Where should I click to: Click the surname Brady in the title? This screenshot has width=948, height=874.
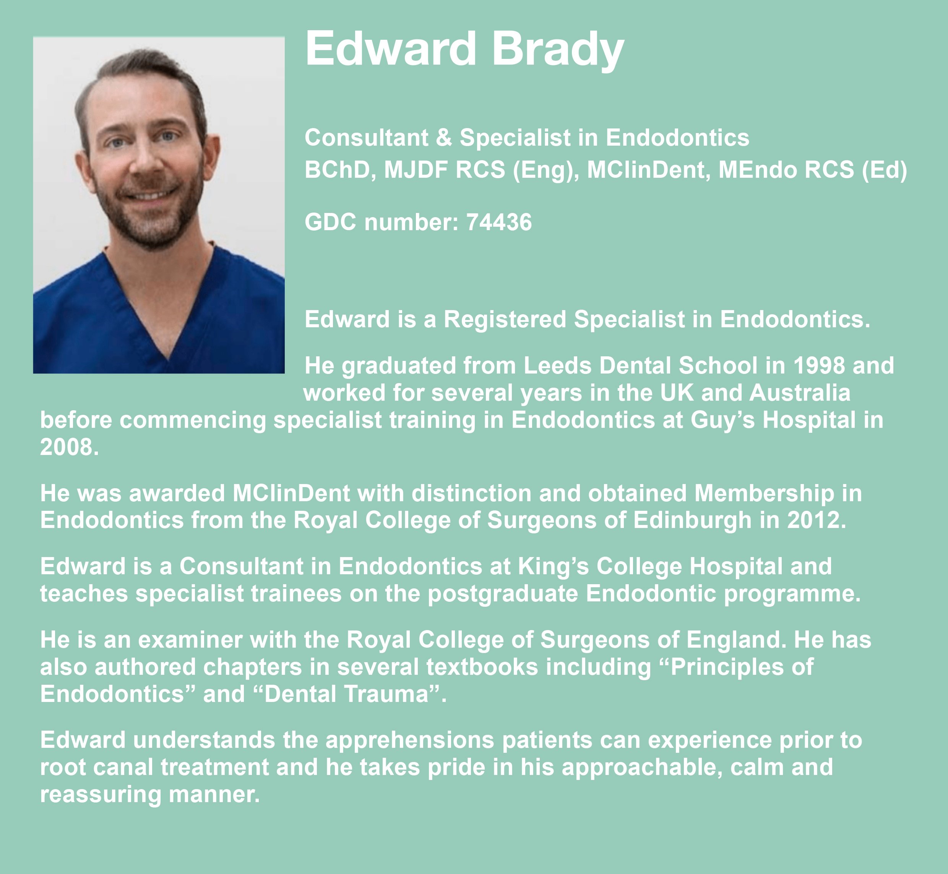[x=558, y=50]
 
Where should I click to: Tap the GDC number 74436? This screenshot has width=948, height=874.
[x=499, y=222]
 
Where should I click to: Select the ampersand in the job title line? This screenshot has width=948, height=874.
[x=443, y=138]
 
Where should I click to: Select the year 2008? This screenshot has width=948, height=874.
[x=69, y=447]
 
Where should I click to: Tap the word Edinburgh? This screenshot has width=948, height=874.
[x=692, y=520]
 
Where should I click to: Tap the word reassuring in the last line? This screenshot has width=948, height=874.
[x=101, y=794]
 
